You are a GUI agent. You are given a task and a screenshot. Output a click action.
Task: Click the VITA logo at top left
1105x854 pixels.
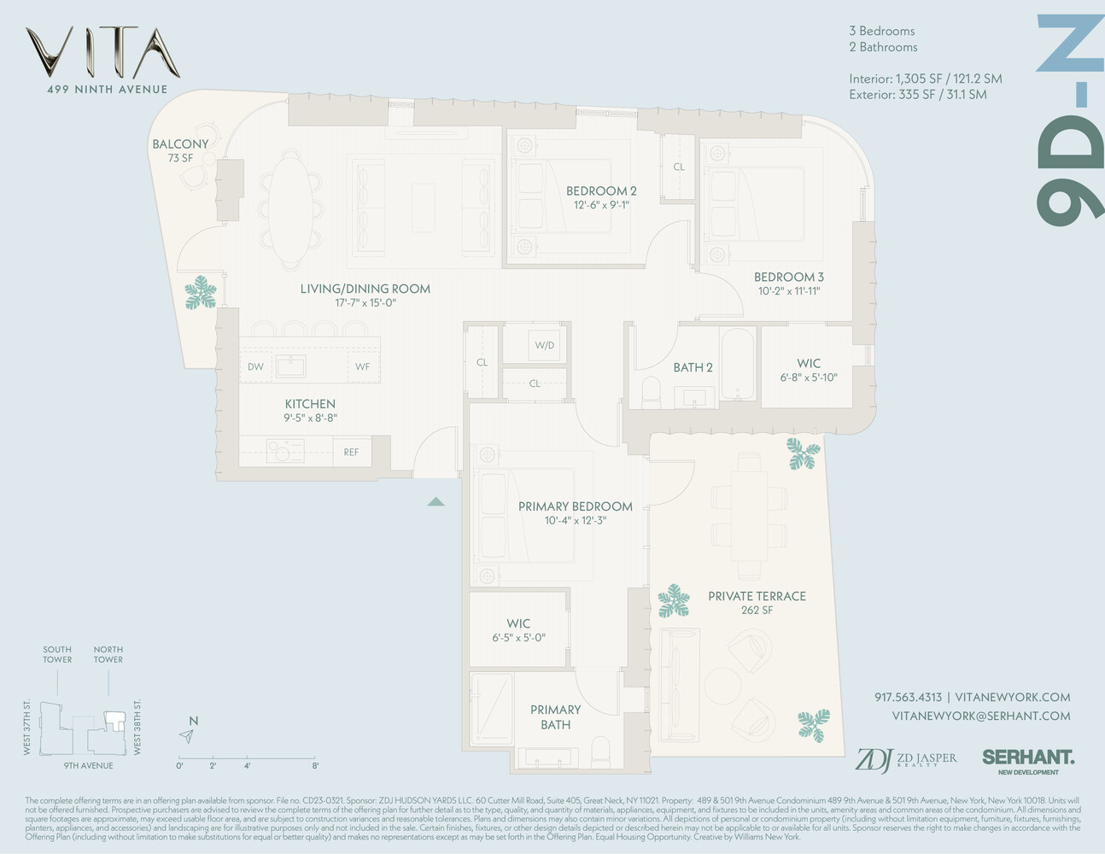coord(102,53)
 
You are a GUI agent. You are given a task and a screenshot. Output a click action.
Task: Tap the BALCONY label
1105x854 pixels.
coord(180,144)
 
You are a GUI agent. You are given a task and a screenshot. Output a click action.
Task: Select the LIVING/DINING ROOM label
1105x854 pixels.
coord(365,289)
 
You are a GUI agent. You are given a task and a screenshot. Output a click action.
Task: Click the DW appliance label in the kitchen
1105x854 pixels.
coord(255,367)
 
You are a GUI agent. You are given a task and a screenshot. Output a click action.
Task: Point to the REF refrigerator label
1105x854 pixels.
coord(351,453)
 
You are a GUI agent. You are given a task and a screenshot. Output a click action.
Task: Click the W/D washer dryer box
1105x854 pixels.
coord(544,346)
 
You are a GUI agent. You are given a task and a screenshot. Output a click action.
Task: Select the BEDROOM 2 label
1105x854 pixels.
coord(601,191)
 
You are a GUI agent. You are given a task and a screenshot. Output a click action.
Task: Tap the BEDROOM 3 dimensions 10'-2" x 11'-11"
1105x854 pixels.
coord(788,291)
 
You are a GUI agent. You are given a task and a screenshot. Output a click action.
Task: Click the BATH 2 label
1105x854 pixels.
coord(693,367)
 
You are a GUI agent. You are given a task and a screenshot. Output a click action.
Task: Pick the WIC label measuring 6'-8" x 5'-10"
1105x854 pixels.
coord(809,364)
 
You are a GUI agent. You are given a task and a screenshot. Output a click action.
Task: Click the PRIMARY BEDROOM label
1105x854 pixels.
coord(575,506)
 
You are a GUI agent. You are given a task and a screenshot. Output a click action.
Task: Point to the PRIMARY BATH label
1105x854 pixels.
coord(555,717)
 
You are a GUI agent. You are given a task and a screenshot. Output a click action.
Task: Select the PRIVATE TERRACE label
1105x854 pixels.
coord(757,596)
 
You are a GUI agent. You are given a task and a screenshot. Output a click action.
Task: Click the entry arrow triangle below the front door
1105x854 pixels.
coord(436,502)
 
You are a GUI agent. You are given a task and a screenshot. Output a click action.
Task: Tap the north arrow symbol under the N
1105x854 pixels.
coord(187,736)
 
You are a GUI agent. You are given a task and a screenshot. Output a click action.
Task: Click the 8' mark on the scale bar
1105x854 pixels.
coord(315,765)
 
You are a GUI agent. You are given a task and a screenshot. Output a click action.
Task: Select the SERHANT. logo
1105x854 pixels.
coord(1028,757)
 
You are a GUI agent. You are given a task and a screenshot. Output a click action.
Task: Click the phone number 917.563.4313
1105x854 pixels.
coord(908,697)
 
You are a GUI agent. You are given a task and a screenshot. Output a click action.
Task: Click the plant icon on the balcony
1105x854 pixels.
coord(202,292)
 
